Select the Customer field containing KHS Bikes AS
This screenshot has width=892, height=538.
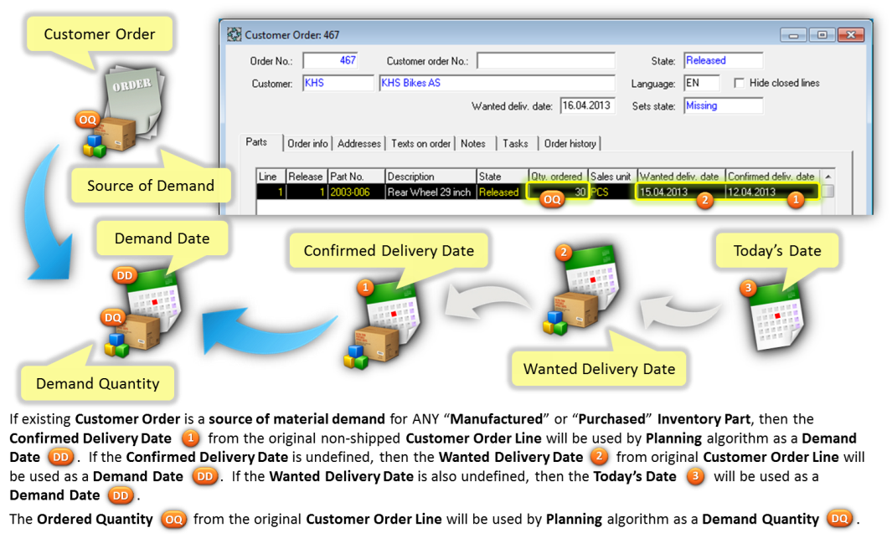click(497, 84)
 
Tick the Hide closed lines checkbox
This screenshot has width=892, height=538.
click(740, 83)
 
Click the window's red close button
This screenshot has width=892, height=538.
click(850, 35)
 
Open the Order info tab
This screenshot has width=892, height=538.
click(307, 144)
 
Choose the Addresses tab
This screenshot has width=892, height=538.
click(359, 144)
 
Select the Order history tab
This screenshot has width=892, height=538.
click(570, 144)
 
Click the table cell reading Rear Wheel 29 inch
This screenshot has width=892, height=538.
click(430, 192)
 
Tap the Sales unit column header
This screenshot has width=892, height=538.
click(611, 177)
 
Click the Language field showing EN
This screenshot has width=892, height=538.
click(701, 84)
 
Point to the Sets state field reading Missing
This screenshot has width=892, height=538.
click(722, 106)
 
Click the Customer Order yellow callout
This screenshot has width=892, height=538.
click(100, 34)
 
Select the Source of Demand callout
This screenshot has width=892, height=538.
click(151, 185)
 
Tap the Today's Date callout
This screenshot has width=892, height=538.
click(777, 250)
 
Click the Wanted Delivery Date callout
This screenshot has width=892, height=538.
click(599, 368)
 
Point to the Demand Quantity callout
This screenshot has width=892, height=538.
click(97, 384)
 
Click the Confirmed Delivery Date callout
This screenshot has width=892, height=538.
click(389, 250)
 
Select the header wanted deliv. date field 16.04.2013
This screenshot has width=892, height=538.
click(587, 106)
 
